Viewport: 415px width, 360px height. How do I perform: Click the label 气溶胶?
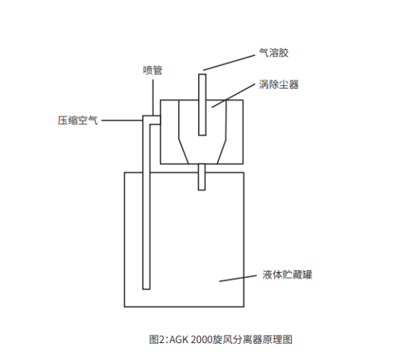(273, 53)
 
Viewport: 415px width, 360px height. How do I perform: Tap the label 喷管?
(153, 70)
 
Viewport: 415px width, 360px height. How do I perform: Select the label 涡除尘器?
(279, 84)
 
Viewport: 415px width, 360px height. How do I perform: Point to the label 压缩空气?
(78, 120)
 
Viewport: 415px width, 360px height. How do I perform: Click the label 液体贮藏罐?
(287, 274)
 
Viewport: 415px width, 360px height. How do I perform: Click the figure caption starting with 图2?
(221, 339)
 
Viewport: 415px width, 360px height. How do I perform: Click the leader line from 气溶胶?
(229, 63)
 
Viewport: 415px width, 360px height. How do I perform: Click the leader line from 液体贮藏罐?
(238, 278)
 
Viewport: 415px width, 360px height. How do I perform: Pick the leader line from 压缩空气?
(122, 120)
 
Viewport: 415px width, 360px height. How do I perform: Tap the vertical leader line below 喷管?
(153, 98)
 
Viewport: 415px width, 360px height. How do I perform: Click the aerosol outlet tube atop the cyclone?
(202, 105)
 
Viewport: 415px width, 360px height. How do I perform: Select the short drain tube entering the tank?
(202, 177)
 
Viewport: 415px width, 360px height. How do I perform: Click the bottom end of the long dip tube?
(147, 289)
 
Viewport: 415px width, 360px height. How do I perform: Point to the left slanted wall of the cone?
(183, 151)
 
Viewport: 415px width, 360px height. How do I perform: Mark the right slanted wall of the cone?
(221, 151)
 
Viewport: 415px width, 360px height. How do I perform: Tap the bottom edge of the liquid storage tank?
(184, 306)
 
